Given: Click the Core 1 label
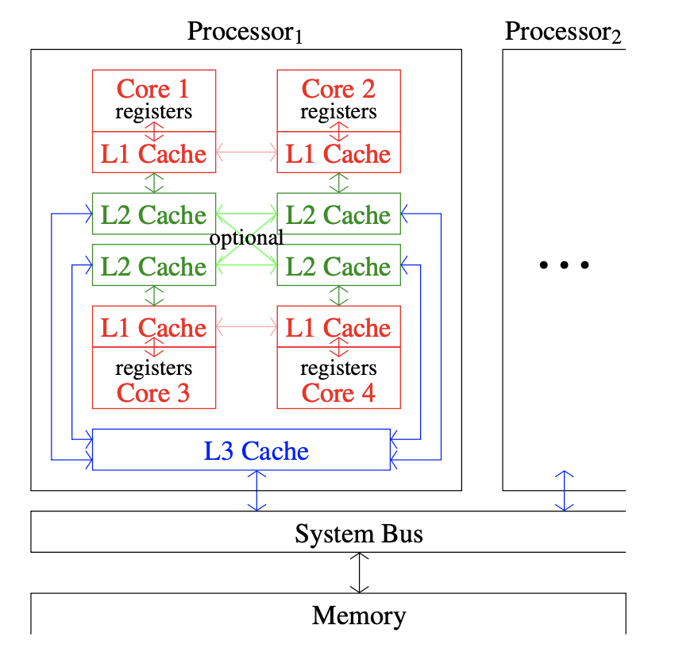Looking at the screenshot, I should click(x=153, y=88).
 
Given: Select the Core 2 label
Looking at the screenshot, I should click(x=338, y=88).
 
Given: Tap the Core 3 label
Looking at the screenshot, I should click(x=153, y=392).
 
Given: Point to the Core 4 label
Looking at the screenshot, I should click(x=338, y=392).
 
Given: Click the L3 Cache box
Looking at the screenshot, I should click(x=241, y=450).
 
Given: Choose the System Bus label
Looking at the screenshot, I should click(x=359, y=533).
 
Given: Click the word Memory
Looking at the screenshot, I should click(x=359, y=615).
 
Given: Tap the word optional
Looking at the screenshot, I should click(x=246, y=237).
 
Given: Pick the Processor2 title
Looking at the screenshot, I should click(x=563, y=32).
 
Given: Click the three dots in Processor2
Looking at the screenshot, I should click(x=564, y=265).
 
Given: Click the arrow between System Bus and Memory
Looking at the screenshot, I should click(x=360, y=573).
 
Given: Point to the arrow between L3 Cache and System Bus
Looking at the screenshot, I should click(x=256, y=491).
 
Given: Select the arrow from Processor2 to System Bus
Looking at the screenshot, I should click(x=564, y=491).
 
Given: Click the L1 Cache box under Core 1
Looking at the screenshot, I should click(x=153, y=153).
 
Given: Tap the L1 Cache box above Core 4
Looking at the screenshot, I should click(x=338, y=327).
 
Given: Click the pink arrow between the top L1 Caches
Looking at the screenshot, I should click(x=246, y=151).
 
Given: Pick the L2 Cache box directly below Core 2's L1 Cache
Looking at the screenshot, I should click(x=338, y=214).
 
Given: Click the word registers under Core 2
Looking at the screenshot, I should click(x=338, y=112).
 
